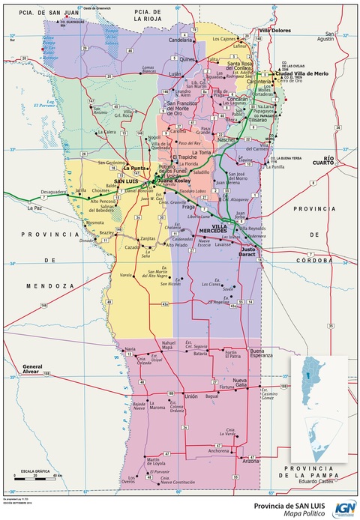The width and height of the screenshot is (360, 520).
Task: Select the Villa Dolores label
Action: (275, 31)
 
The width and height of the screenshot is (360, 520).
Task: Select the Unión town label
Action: (190, 396)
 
